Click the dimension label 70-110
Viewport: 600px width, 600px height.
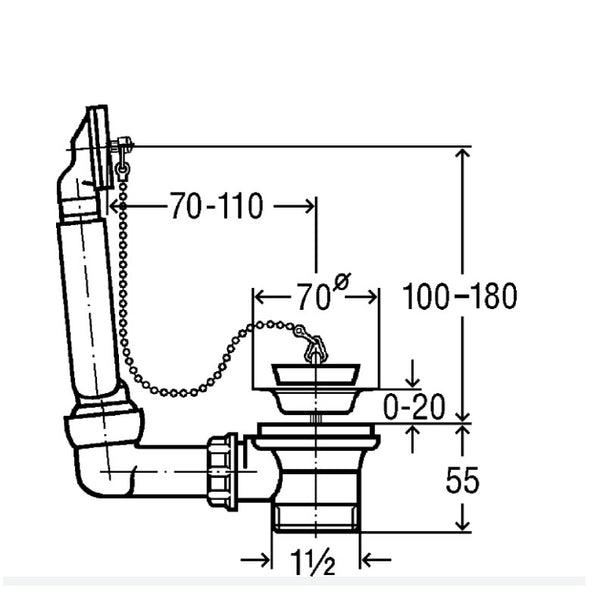(x=216, y=207)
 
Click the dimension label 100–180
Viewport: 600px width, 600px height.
(x=459, y=296)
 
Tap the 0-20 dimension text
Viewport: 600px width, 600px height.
(x=414, y=408)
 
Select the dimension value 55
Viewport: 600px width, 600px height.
(x=461, y=481)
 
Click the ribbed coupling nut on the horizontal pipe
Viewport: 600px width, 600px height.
(x=222, y=469)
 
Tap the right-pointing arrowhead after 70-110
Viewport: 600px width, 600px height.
(x=308, y=207)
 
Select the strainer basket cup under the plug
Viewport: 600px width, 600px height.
(x=314, y=390)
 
